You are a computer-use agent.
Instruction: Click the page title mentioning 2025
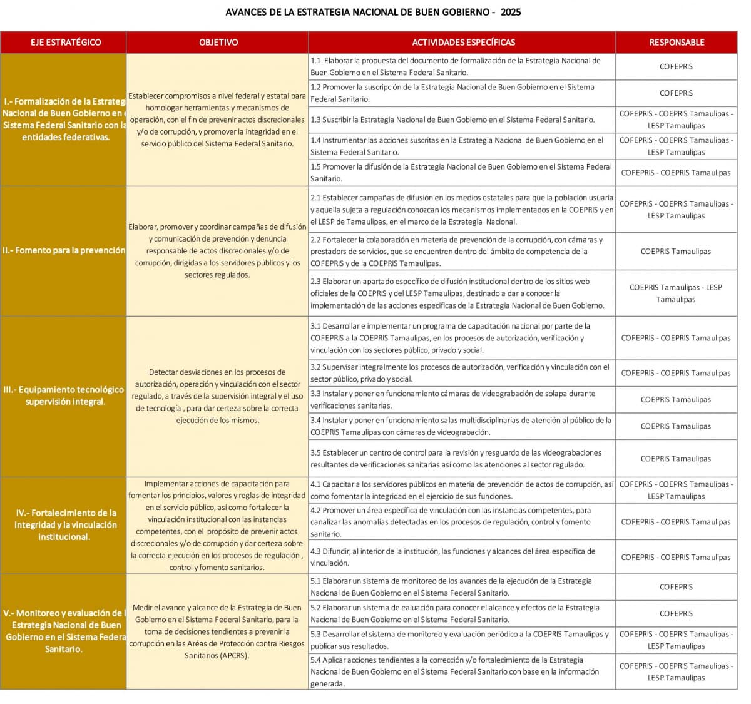coord(373,12)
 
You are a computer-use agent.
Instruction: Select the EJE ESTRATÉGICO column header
coord(65,43)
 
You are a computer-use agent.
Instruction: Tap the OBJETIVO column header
coord(218,43)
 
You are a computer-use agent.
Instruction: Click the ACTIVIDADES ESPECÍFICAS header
coord(463,43)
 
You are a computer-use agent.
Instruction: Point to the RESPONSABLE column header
coord(677,43)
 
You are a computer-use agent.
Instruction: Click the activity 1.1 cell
coord(462,66)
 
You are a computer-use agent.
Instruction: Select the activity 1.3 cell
coord(462,120)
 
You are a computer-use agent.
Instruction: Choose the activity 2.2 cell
coord(462,251)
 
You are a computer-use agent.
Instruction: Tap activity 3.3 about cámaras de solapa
coord(462,399)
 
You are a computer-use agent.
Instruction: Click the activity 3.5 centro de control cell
coord(462,458)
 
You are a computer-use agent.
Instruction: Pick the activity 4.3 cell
coord(462,557)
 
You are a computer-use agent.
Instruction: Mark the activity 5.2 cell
coord(462,613)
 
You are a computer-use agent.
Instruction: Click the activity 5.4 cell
coord(462,671)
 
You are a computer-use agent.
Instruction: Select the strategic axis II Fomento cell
coord(64,250)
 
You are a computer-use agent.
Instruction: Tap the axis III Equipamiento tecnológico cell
coord(64,395)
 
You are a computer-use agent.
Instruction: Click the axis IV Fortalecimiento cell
coord(64,524)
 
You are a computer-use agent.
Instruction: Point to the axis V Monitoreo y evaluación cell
coord(64,631)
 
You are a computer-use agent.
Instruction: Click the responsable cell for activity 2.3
coord(676,293)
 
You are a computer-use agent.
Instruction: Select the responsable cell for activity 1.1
coord(676,66)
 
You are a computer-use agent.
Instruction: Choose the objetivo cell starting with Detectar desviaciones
coord(217,395)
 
